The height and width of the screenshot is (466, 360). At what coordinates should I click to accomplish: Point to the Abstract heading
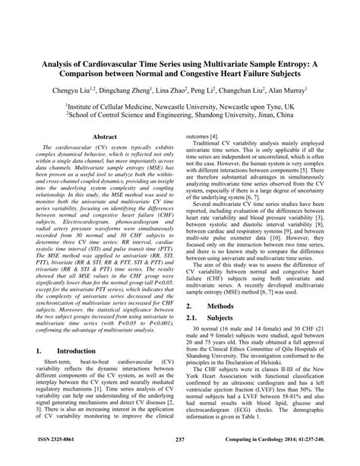coord(104,136)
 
